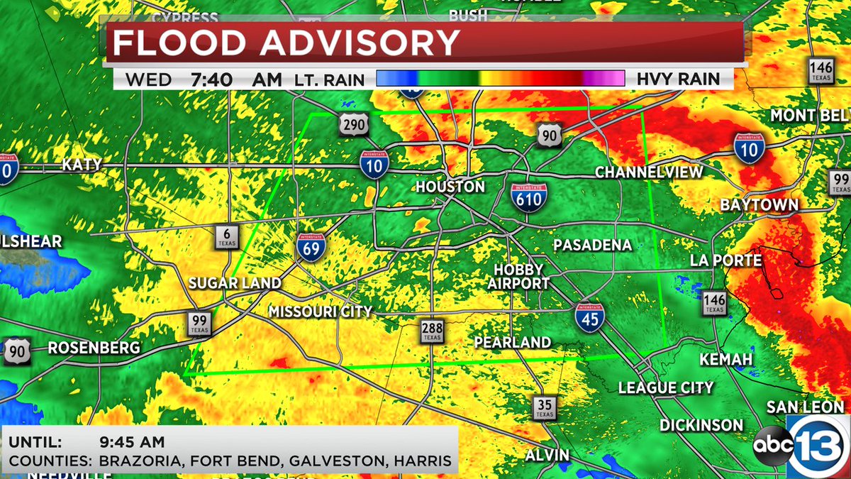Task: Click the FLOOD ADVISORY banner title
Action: pos(287,43)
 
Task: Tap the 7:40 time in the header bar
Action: pos(211,79)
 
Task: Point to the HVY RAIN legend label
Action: pos(678,79)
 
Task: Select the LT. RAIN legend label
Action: pos(329,79)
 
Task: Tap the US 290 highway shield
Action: pos(354,126)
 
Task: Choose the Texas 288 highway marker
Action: pos(431,331)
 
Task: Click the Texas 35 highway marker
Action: pos(544,408)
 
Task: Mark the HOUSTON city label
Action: pos(450,187)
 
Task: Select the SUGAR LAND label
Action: pos(235,283)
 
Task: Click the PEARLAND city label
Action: pos(512,342)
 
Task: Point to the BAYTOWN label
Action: pos(760,205)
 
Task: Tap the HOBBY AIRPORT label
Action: pos(518,276)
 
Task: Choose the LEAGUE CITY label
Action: pos(665,387)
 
